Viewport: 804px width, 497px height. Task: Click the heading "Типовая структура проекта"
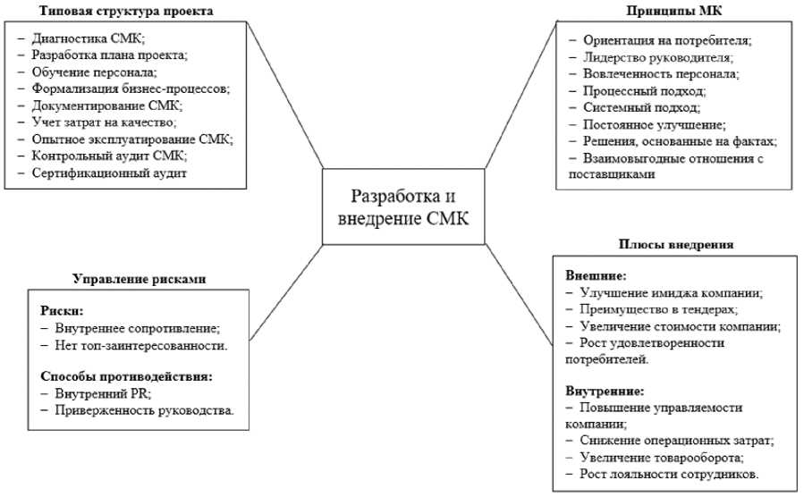[x=131, y=11]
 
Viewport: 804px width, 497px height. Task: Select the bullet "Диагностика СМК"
[x=86, y=38]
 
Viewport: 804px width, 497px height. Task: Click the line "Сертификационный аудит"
[x=108, y=173]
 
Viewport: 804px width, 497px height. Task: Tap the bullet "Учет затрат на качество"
[x=104, y=122]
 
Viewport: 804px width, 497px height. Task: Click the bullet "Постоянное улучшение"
[x=653, y=124]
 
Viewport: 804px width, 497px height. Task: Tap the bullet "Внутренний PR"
[x=92, y=393]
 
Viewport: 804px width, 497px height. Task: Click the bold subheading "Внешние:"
[x=596, y=275]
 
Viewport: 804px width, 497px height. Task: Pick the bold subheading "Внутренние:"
[x=605, y=391]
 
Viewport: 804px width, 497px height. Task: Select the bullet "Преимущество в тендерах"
[x=660, y=309]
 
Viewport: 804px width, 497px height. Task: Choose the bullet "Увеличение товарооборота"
[x=663, y=457]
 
